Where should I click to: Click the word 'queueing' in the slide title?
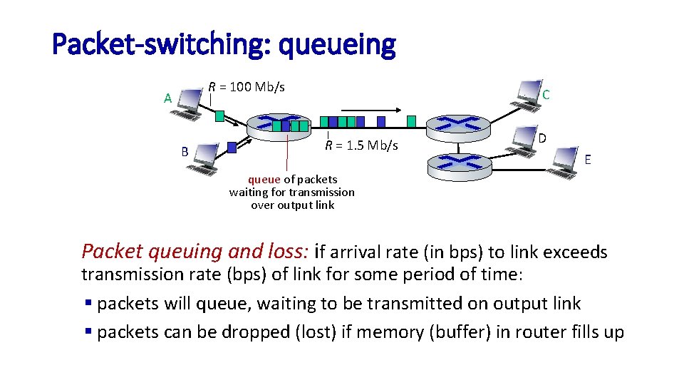coord(337,45)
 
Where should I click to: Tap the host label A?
coord(167,98)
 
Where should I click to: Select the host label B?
coord(185,151)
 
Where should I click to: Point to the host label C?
coord(545,95)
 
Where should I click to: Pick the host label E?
coord(587,160)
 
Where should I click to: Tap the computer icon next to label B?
coord(204,158)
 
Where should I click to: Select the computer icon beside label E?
coord(567,161)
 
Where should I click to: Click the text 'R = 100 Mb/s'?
coord(247,87)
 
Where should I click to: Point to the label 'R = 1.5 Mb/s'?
coord(361,146)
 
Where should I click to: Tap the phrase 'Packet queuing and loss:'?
coord(195,251)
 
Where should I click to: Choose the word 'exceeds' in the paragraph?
coord(575,252)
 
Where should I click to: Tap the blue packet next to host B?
coord(232,148)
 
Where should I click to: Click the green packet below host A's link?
coord(220,115)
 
